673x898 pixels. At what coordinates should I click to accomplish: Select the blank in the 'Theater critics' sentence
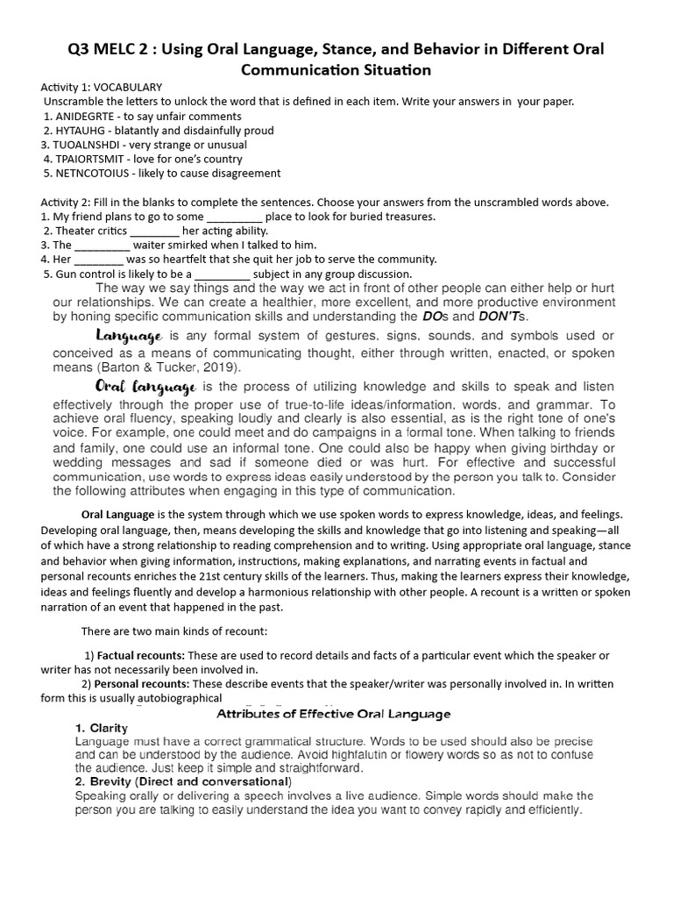[154, 231]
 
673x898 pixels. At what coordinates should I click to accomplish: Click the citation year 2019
[215, 367]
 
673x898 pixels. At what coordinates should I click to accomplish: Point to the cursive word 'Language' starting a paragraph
[129, 336]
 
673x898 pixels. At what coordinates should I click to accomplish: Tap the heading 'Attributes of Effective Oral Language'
[333, 714]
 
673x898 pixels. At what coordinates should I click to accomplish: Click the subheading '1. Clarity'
[102, 729]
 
